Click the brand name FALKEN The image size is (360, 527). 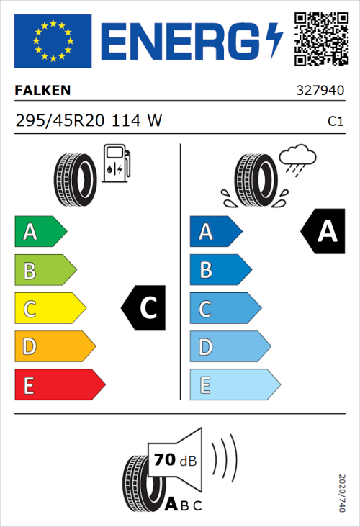point(42,91)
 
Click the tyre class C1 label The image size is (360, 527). point(335,122)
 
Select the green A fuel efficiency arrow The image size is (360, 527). point(40,232)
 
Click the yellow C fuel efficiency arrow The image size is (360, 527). point(50,309)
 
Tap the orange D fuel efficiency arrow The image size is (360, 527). point(55,347)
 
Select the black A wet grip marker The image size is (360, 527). point(323,232)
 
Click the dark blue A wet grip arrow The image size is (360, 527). point(215,232)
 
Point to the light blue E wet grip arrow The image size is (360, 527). point(234,385)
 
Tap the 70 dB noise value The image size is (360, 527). point(174,460)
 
